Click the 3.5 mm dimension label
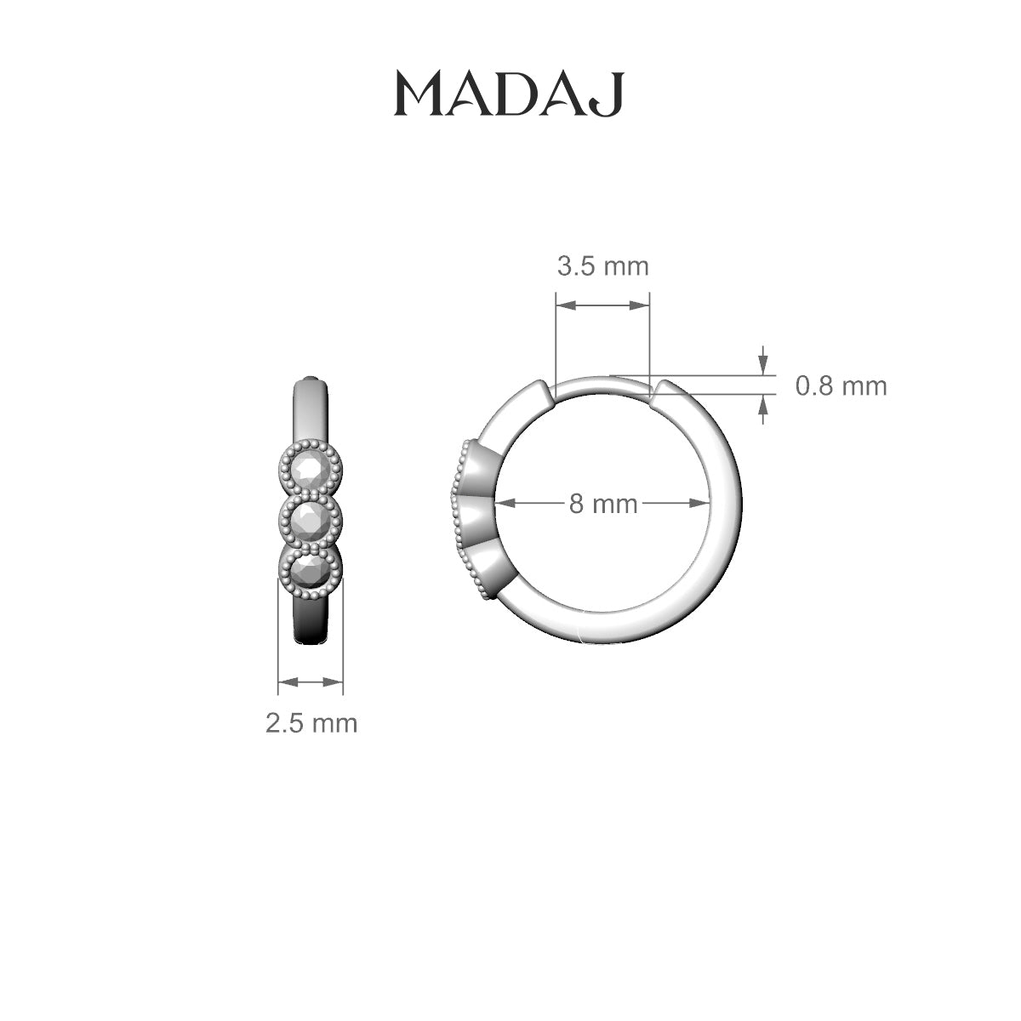pos(602,266)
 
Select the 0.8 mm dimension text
pos(841,386)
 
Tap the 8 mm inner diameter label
pos(602,504)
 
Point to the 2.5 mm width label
pos(311,723)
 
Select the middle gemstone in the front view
pos(311,519)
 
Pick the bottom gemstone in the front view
pos(311,571)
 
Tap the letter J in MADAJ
pos(611,95)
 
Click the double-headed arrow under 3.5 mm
pos(602,305)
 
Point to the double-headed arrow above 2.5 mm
pos(311,682)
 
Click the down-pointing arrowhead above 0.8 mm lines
pos(763,362)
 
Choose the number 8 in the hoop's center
pos(578,504)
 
